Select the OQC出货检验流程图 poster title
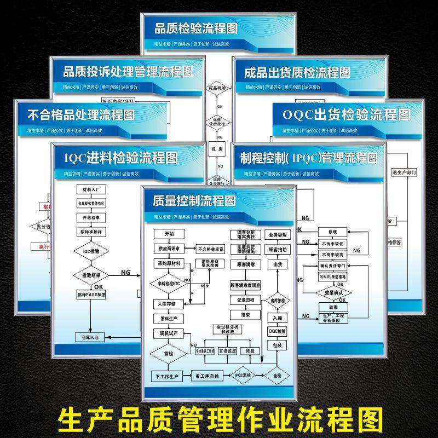pyautogui.click(x=346, y=114)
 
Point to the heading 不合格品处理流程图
pyautogui.click(x=81, y=115)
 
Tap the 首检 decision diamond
pyautogui.click(x=169, y=354)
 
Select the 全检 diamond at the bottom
pyautogui.click(x=276, y=376)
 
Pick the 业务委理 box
pyautogui.click(x=278, y=235)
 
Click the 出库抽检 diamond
pyautogui.click(x=278, y=301)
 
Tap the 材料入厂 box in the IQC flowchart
pyautogui.click(x=90, y=189)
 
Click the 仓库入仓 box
pyautogui.click(x=89, y=337)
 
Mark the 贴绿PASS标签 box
pyautogui.click(x=90, y=295)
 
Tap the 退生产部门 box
pyautogui.click(x=405, y=172)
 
